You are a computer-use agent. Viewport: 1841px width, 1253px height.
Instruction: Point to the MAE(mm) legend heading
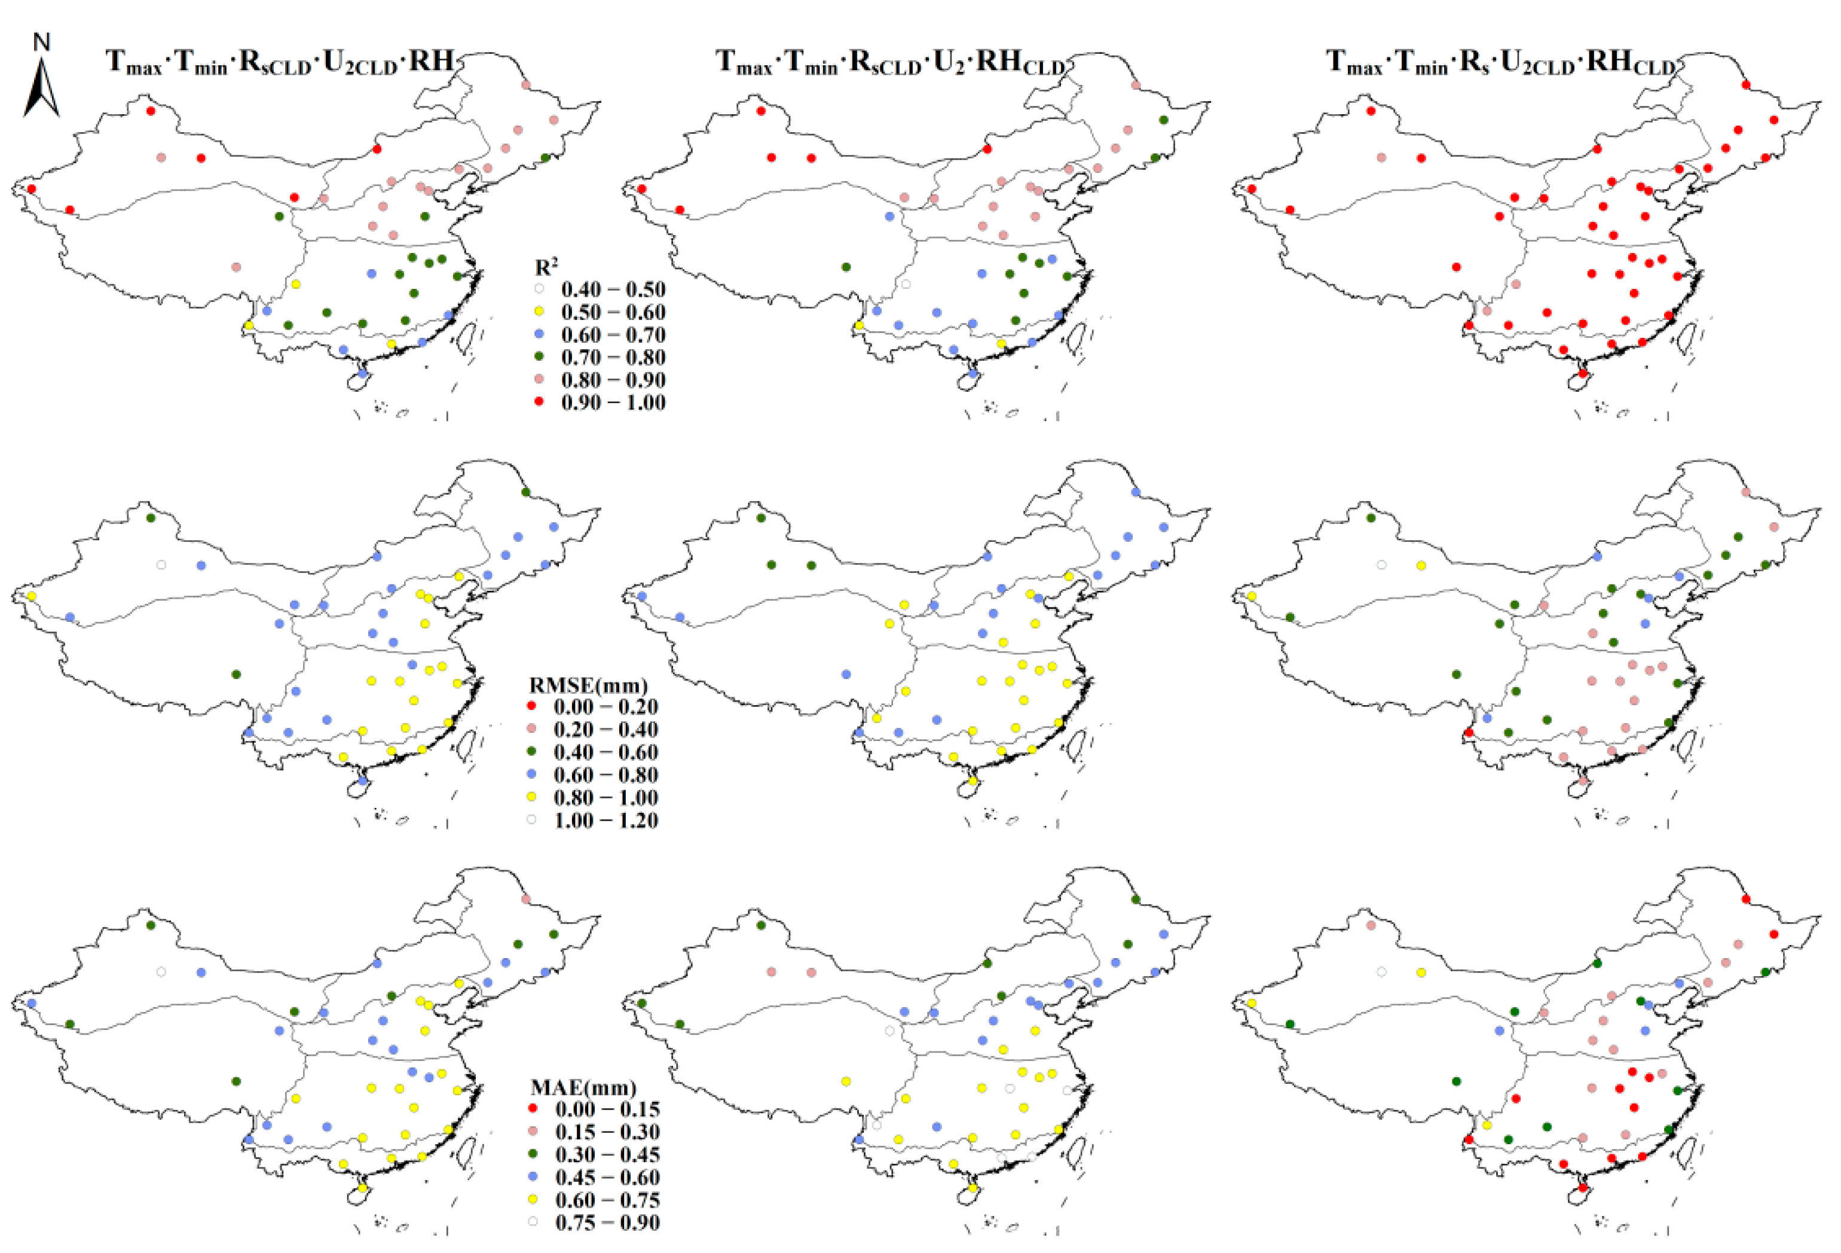tap(583, 1087)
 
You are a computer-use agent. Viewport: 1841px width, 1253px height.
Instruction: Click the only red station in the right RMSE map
tap(1469, 732)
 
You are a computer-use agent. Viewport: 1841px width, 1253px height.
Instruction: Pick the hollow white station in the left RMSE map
tap(161, 565)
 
